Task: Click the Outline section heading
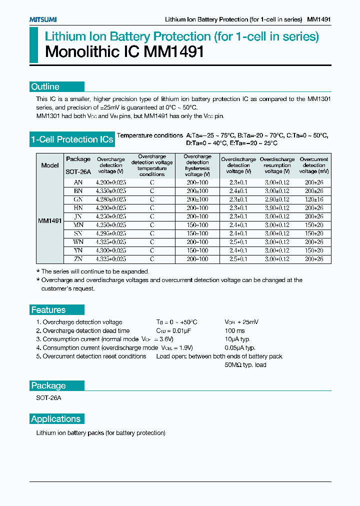(x=45, y=86)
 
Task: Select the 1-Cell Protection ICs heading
(x=71, y=139)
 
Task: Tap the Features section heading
(x=48, y=310)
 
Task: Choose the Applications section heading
(x=55, y=419)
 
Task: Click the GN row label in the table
(x=78, y=199)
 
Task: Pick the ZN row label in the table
(x=78, y=259)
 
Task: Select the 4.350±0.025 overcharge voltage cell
(x=110, y=191)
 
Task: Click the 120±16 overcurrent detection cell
(x=314, y=199)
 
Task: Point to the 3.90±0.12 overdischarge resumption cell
(x=277, y=207)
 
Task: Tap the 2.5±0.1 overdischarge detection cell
(x=238, y=259)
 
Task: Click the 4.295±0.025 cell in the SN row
(x=110, y=233)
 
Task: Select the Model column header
(x=50, y=165)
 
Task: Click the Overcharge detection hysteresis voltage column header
(x=197, y=165)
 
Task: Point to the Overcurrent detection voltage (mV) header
(x=314, y=165)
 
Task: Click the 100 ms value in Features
(x=235, y=330)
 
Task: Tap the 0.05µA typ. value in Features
(x=240, y=347)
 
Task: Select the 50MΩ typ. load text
(x=245, y=365)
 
